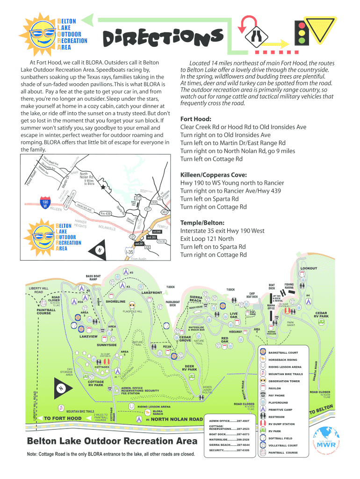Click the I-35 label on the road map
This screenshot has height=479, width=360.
(x=129, y=252)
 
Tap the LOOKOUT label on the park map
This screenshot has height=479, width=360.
(x=309, y=268)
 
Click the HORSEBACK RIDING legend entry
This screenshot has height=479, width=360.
(x=283, y=360)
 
